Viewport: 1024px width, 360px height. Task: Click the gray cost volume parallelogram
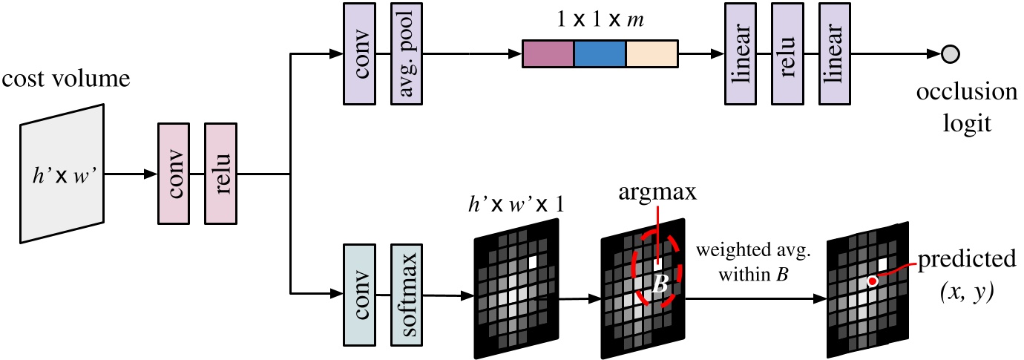click(63, 173)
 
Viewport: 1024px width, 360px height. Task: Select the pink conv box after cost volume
click(174, 174)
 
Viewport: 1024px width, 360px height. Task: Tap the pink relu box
click(220, 174)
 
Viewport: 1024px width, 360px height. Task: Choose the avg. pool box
click(406, 53)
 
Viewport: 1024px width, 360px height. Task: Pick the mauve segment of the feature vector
click(548, 54)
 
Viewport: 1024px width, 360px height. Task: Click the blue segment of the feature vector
click(600, 54)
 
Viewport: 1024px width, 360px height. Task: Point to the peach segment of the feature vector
click(652, 54)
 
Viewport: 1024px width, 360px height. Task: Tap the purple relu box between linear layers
click(787, 53)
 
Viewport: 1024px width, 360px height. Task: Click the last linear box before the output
click(834, 53)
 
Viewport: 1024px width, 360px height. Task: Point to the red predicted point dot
click(873, 281)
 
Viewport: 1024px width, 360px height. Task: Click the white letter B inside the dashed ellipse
click(657, 284)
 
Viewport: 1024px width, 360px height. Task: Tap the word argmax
click(656, 194)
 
